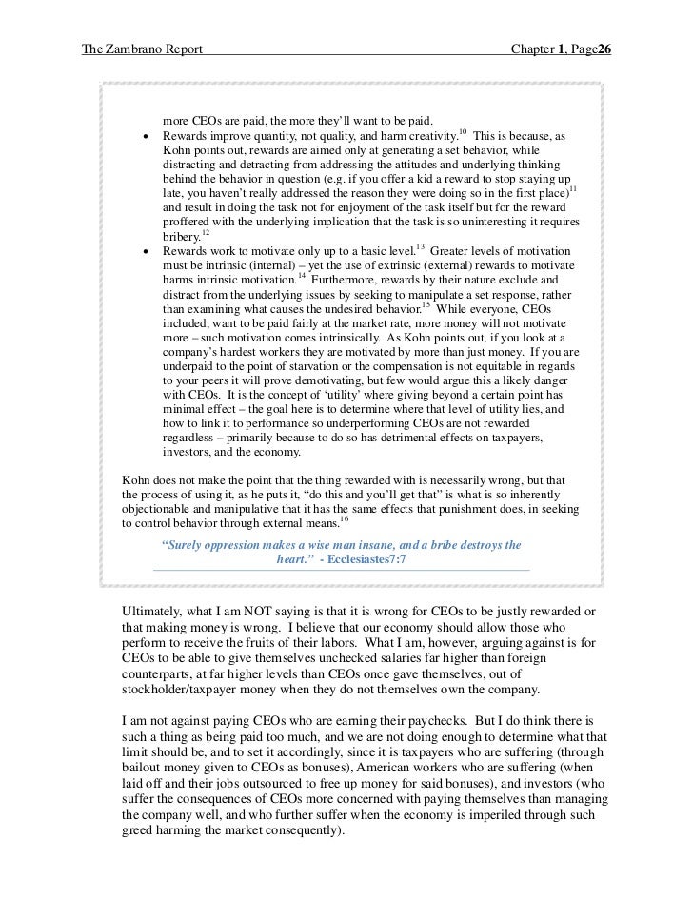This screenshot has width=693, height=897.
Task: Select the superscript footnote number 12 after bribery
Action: pyautogui.click(x=206, y=230)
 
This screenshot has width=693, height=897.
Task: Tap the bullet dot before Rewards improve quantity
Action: pyautogui.click(x=146, y=137)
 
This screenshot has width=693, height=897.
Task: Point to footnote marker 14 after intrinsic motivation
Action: pyautogui.click(x=301, y=277)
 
